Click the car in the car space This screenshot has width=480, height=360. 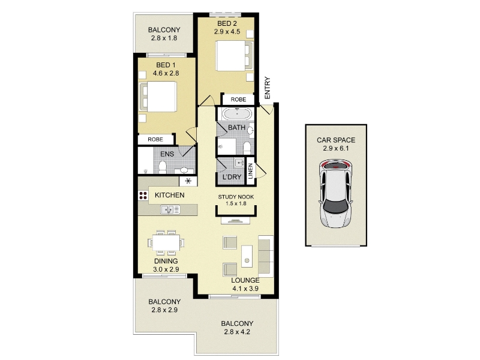point(335,193)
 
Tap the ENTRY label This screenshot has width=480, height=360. point(267,88)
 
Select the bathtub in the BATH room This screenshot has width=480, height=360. point(237,114)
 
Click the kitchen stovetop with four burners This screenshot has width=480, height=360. point(143,196)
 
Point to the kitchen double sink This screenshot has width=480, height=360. point(170,209)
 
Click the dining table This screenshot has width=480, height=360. point(166,242)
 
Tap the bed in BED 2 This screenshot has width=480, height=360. point(235,55)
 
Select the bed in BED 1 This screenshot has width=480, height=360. point(158,97)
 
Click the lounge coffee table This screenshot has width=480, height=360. point(247,256)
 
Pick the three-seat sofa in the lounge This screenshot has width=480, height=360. point(266,256)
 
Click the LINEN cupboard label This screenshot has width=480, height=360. point(251,171)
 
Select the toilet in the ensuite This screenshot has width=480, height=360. point(163,168)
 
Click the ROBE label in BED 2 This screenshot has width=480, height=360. point(238,100)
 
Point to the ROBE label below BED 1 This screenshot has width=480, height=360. point(155,140)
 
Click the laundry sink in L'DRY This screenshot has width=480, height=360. point(239,163)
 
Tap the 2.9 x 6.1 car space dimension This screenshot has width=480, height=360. point(336,148)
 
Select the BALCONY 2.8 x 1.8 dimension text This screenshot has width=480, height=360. point(164,38)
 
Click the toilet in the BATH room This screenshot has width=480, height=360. point(247,148)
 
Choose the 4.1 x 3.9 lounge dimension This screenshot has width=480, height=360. point(245,289)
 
